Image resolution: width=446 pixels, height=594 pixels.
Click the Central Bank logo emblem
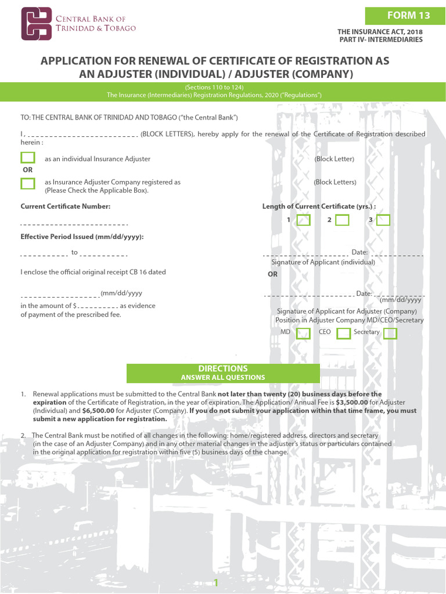(37, 24)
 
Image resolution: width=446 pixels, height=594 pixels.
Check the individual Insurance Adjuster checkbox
(28, 158)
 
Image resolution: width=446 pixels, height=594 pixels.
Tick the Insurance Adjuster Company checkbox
(28, 183)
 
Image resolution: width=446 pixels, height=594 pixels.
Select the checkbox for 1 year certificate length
(304, 220)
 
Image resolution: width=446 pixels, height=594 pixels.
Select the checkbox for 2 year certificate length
(342, 220)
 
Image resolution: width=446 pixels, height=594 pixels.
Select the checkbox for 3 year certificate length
(383, 220)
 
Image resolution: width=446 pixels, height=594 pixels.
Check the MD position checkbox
(303, 333)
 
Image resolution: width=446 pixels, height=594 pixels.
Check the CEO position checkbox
(343, 333)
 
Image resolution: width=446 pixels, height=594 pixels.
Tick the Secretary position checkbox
(390, 333)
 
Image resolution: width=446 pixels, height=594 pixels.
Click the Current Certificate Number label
(66, 207)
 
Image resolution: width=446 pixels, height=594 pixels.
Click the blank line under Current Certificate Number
(74, 224)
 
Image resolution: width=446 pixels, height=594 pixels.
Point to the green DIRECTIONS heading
(223, 369)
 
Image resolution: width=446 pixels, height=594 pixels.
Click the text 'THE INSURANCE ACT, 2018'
(380, 32)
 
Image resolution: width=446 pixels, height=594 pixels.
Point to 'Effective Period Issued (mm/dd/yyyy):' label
(82, 237)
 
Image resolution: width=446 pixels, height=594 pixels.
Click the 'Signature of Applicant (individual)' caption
(323, 262)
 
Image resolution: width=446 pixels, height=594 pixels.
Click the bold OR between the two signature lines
(273, 274)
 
